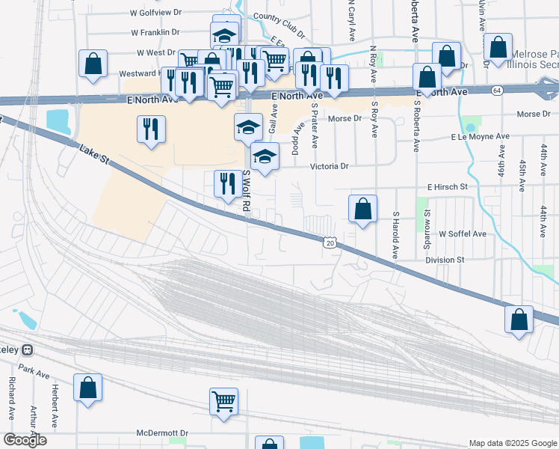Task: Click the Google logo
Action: coord(25,440)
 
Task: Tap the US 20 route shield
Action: coord(329,242)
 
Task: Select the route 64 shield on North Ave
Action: coord(496,91)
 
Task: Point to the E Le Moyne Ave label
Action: coord(479,137)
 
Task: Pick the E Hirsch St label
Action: coord(447,186)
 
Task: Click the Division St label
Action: coord(445,260)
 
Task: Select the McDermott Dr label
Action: coord(166,433)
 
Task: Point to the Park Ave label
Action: coord(34,370)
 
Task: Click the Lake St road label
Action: coord(95,156)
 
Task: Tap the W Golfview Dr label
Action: coord(156,13)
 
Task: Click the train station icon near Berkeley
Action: coord(28,349)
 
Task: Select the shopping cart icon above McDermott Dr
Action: coord(223,400)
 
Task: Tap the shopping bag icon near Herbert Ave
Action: coord(88,388)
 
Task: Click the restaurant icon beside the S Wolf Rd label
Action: coord(226,183)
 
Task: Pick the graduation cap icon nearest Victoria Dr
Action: coord(265,156)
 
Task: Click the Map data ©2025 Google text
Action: coord(512,443)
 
